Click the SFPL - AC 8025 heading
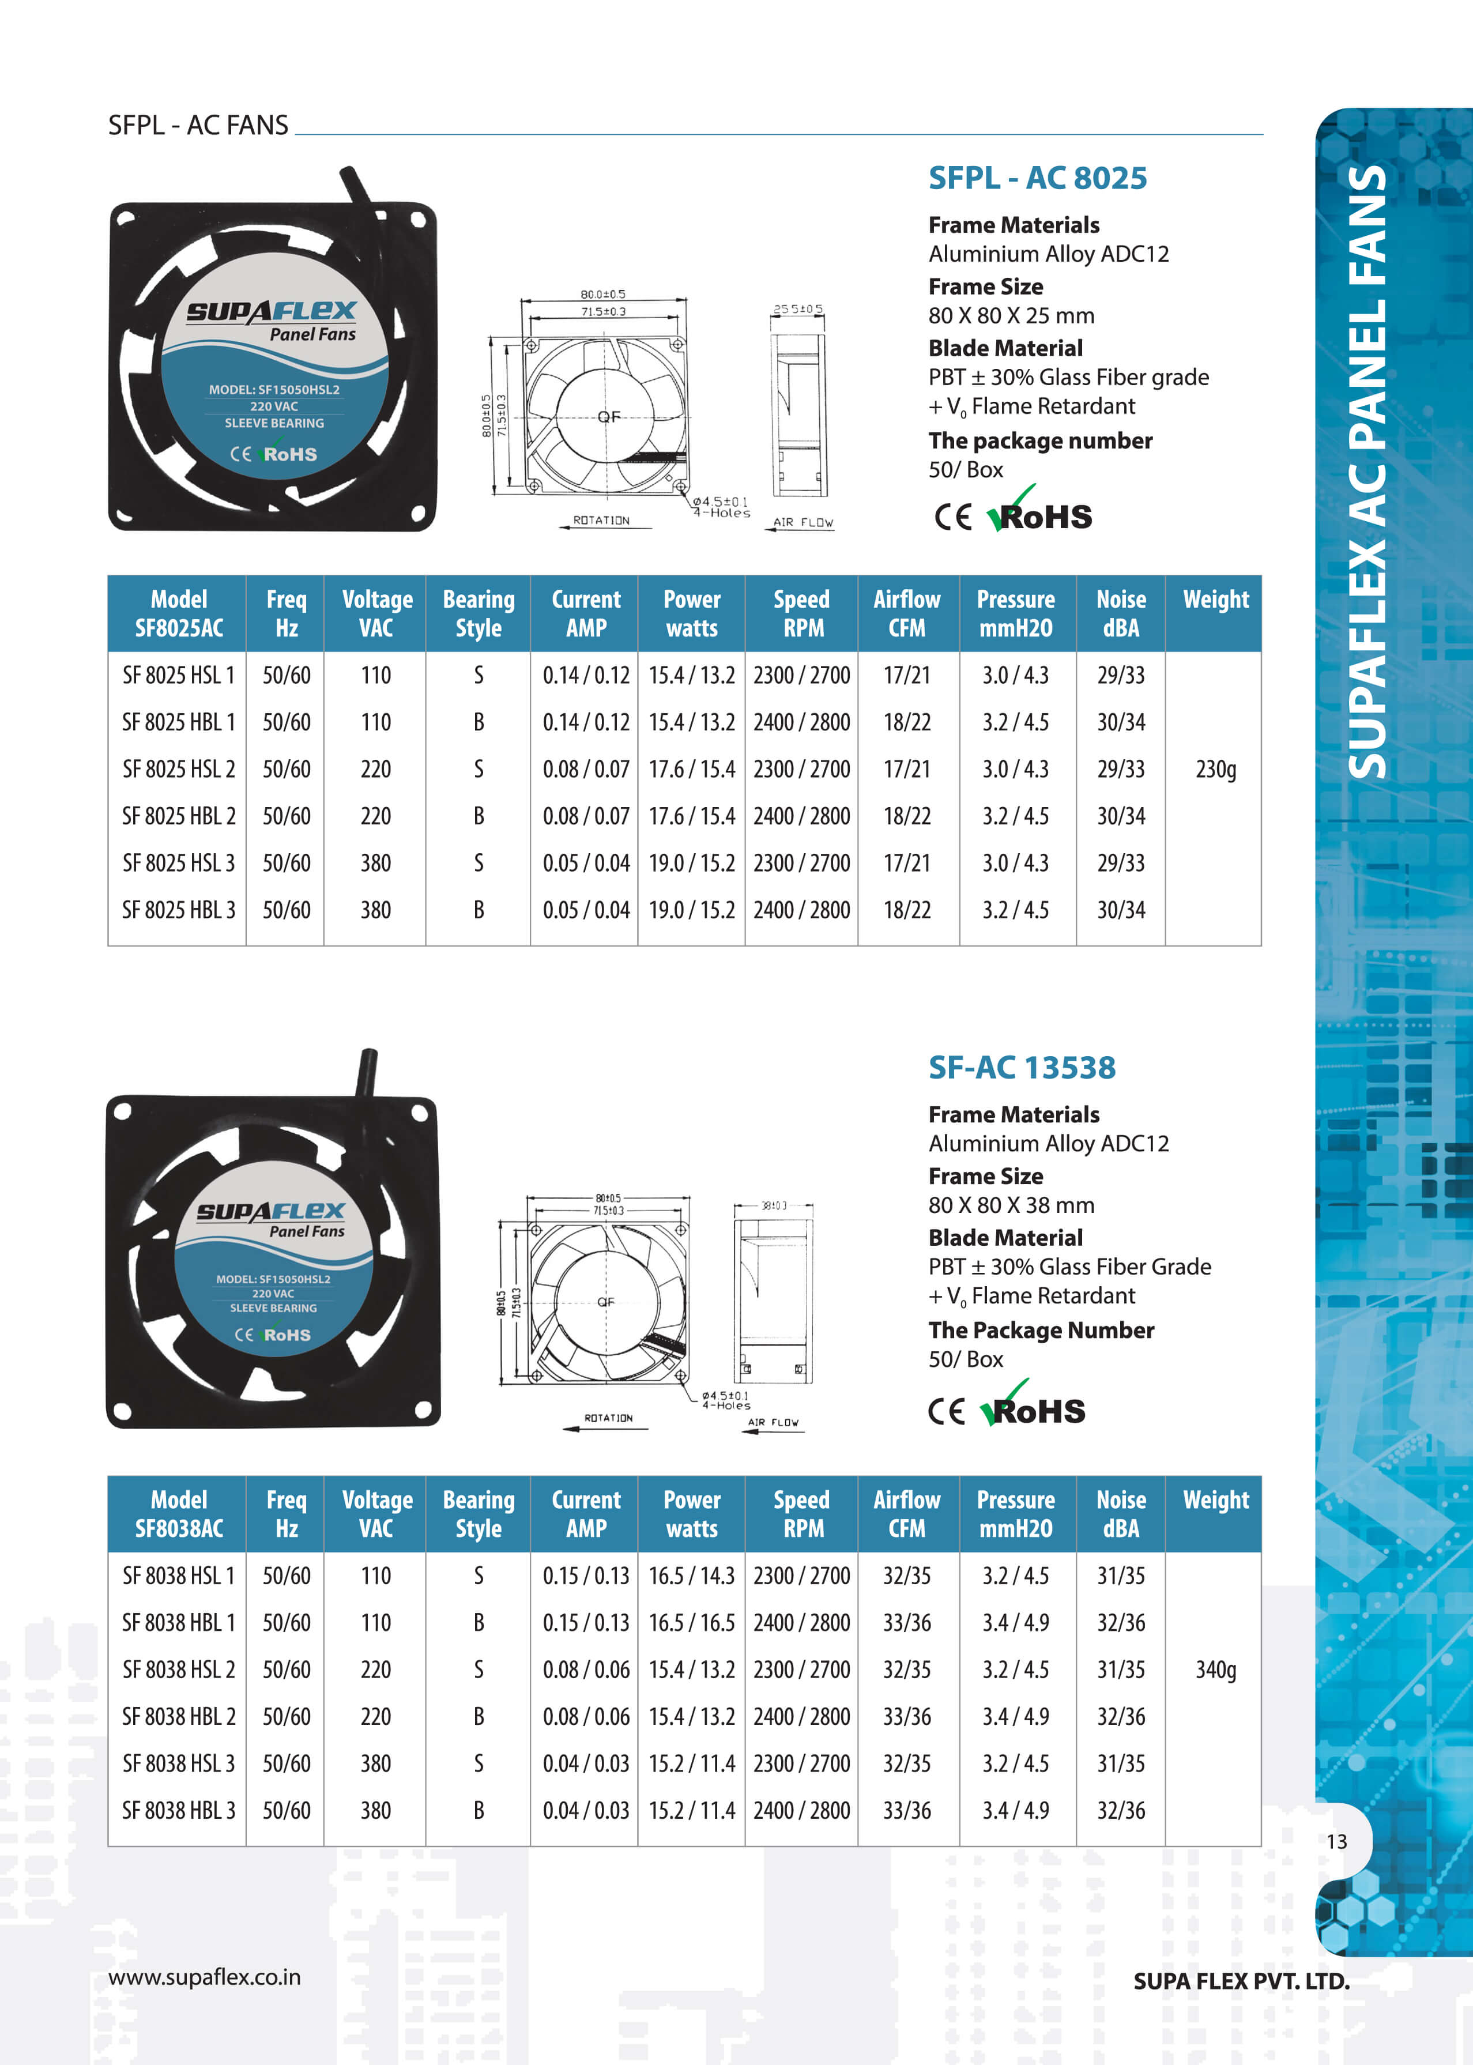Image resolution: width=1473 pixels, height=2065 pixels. [1037, 178]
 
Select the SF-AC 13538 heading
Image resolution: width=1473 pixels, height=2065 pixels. [1022, 1068]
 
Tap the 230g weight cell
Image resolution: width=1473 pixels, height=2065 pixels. [1215, 769]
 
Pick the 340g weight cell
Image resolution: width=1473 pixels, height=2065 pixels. [1215, 1670]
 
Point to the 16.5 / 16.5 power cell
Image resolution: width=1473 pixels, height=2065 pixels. [691, 1622]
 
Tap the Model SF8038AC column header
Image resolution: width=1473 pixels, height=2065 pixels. [179, 1514]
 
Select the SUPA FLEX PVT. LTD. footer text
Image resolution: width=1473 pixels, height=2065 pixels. [1241, 1981]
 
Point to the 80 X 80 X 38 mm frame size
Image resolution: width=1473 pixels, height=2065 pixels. [1011, 1205]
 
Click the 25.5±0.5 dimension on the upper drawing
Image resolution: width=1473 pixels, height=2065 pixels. [797, 309]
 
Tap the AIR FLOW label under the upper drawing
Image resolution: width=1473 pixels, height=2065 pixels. [803, 522]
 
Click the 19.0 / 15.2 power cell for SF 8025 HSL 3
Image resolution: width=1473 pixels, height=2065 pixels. [691, 862]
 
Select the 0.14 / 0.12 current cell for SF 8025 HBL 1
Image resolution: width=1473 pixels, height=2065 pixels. [586, 722]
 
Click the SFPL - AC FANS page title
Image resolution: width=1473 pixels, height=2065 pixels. [198, 125]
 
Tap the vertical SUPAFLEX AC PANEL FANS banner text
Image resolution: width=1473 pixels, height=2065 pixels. [1367, 472]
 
